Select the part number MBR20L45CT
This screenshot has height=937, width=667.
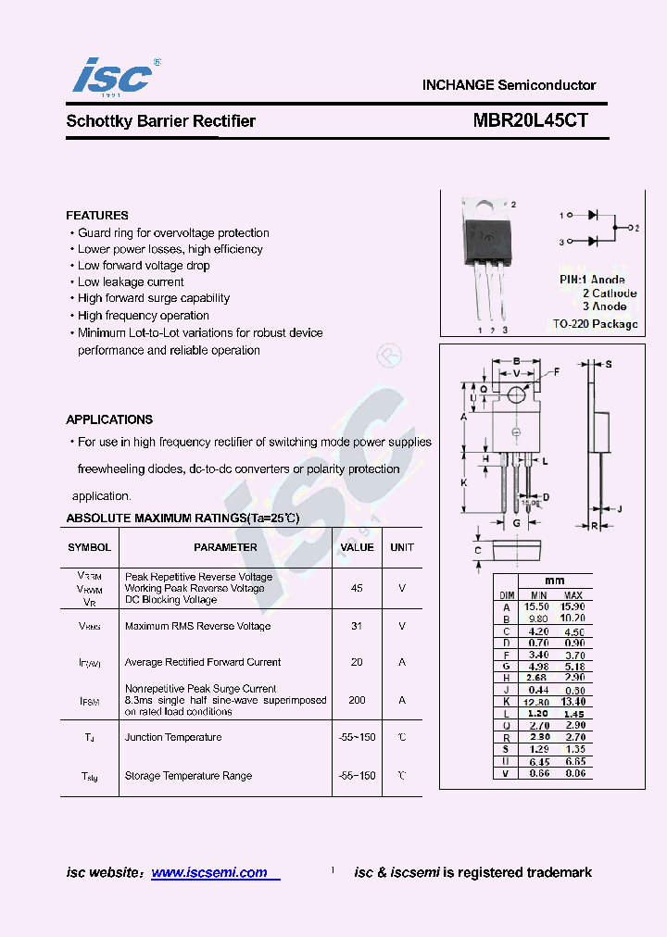531,120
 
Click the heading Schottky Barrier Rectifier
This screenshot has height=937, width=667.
161,121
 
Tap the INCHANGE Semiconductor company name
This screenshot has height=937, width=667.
509,84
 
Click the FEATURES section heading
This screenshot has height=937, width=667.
97,216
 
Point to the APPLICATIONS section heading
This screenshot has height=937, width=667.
109,419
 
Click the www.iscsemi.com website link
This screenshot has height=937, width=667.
209,872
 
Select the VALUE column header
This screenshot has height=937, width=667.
357,547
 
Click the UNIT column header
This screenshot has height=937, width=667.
402,547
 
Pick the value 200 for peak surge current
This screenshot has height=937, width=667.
357,700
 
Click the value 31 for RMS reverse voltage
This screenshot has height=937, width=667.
357,626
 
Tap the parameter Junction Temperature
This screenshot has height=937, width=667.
173,737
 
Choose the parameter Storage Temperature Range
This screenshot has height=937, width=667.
188,776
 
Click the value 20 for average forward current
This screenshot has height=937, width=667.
357,662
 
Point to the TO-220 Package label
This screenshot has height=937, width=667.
595,324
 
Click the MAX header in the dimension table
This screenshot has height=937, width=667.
573,594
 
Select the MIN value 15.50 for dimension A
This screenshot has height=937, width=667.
537,606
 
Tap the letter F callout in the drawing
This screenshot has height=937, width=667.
557,372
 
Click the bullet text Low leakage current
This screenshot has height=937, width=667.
131,282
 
